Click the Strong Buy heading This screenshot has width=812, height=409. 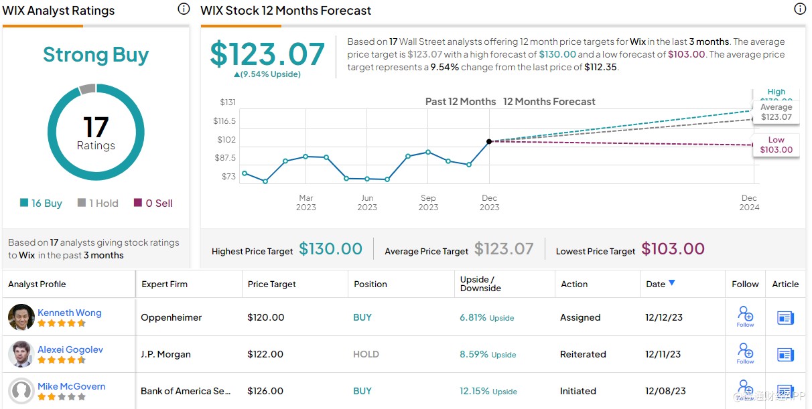coord(96,55)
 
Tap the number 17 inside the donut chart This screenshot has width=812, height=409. coord(96,127)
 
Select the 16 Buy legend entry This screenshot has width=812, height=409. coord(42,203)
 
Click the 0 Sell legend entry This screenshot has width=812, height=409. coord(153,203)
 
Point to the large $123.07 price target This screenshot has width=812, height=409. coord(267,54)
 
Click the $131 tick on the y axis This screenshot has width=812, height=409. coord(228,102)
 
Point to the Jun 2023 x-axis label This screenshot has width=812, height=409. coord(367,202)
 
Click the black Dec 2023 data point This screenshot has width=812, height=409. coord(489,141)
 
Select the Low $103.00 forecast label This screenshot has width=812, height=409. coord(776,145)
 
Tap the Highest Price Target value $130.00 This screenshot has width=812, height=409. coord(330,249)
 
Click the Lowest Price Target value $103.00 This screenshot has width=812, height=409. coord(673,249)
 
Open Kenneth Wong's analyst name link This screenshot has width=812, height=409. coord(70,313)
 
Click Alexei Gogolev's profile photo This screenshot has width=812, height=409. coord(21,354)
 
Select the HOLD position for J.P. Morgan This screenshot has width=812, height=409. coord(366,354)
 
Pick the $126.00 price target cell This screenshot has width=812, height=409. coord(265,391)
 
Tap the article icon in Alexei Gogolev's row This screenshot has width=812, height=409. coord(785,354)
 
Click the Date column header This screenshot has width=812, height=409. coord(656,284)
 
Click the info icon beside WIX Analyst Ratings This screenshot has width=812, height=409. coord(184,9)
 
